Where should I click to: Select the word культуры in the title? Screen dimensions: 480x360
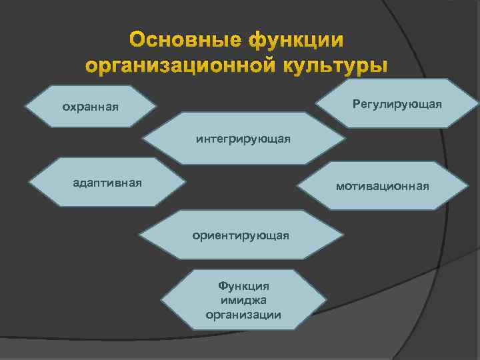[333, 66]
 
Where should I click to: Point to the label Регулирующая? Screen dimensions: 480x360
[397, 104]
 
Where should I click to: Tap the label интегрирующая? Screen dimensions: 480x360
[243, 139]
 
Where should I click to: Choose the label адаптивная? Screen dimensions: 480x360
[107, 182]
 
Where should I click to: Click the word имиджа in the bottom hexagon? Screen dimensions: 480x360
[243, 300]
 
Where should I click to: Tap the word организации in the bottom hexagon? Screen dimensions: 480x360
[243, 315]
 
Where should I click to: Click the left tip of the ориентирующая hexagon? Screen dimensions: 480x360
[139, 236]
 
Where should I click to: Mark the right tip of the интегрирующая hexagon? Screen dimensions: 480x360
[346, 139]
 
